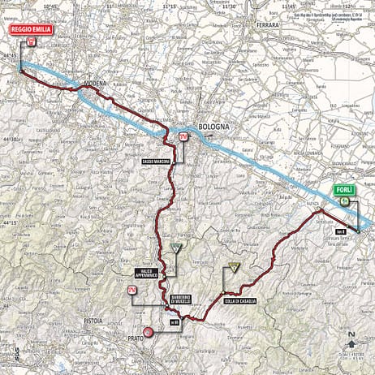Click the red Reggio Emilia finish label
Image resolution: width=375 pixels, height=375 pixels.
[x=31, y=28]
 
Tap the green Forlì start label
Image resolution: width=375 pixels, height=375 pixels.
[x=343, y=189]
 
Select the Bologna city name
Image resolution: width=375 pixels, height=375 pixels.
[x=214, y=127]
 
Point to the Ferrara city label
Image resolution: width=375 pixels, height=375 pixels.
[x=267, y=25]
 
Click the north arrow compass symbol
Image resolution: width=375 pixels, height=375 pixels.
[x=351, y=339]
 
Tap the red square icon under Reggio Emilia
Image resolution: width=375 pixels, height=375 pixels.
[x=31, y=40]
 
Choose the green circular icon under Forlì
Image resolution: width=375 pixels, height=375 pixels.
[x=344, y=200]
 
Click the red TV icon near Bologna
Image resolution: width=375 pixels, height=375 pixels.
[x=183, y=136]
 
